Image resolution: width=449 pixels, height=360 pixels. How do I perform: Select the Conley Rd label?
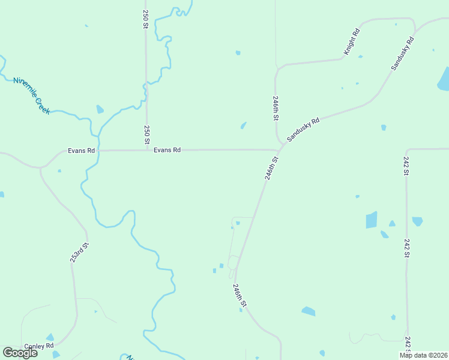39,346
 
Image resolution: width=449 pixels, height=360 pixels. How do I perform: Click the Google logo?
20,353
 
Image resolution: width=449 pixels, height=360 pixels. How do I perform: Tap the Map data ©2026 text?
423,355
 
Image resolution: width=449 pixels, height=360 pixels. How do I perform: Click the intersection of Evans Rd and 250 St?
146,150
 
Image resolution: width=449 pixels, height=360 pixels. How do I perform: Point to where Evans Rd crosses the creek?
98,150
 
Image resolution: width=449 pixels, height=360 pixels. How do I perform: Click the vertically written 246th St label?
276,108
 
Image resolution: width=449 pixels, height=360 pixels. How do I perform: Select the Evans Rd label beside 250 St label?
167,150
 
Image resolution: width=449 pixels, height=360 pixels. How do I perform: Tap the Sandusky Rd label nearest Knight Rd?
403,53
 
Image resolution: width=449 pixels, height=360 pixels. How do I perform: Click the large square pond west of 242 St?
372,220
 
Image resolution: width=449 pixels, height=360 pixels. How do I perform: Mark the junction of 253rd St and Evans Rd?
41,167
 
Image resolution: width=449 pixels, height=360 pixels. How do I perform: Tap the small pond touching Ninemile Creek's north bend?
100,109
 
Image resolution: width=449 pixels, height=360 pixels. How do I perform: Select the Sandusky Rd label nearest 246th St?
303,129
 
